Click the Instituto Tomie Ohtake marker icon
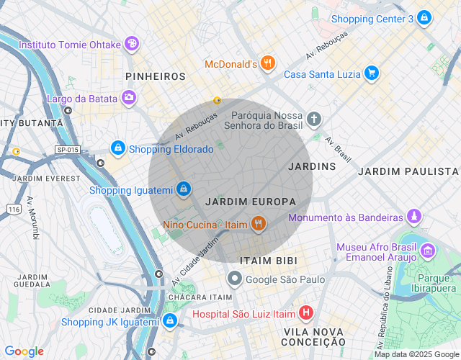click(131, 44)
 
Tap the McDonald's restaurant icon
click(268, 63)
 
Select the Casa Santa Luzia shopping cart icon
click(372, 73)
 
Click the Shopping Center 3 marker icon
click(424, 18)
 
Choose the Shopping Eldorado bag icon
click(117, 148)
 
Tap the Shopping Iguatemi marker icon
click(184, 189)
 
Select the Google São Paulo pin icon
click(235, 278)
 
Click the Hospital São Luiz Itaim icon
click(307, 313)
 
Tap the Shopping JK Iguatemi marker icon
click(169, 321)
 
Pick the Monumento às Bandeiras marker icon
click(413, 217)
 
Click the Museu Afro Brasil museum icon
click(428, 251)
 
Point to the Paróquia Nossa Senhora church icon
click(314, 119)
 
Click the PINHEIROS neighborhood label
click(155, 76)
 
